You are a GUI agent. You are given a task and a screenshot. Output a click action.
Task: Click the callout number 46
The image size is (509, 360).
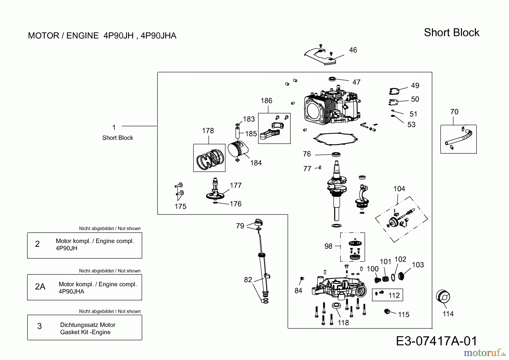pyautogui.click(x=353, y=50)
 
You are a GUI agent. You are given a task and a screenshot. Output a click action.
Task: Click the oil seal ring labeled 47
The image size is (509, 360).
pyautogui.click(x=332, y=79)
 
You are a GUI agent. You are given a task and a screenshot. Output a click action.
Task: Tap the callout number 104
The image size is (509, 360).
pyautogui.click(x=399, y=189)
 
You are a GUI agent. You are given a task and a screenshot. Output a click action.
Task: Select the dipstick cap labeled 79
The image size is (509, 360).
pyautogui.click(x=258, y=222)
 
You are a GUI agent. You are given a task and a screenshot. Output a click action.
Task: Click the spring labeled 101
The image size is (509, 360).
pyautogui.click(x=385, y=279)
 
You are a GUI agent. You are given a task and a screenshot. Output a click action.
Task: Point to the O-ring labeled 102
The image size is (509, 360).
pyautogui.click(x=393, y=278)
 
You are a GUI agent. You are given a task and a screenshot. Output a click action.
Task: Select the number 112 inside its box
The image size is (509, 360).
pyautogui.click(x=394, y=295)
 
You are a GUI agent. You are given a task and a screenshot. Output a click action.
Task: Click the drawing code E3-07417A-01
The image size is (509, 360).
pyautogui.click(x=436, y=341)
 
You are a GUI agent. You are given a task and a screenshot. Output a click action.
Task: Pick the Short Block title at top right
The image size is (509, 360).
pyautogui.click(x=451, y=33)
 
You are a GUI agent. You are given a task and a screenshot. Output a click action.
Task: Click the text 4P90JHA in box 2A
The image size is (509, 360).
pyautogui.click(x=71, y=292)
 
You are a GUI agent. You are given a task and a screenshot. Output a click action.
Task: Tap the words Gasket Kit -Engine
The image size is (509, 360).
pyautogui.click(x=85, y=332)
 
